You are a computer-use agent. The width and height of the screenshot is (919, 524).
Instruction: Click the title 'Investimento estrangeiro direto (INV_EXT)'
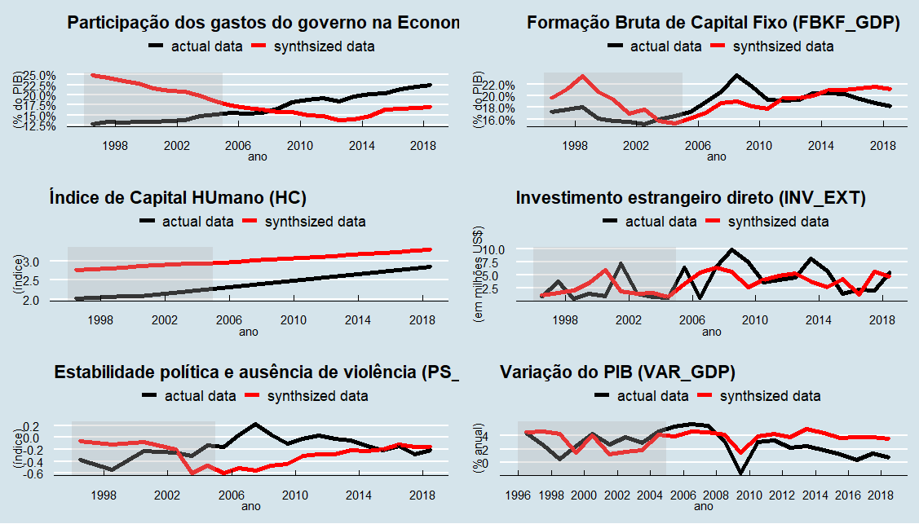[691, 197]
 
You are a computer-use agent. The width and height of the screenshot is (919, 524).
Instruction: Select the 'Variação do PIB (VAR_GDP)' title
[617, 372]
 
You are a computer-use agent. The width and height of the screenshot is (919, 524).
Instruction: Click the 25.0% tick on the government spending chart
[39, 76]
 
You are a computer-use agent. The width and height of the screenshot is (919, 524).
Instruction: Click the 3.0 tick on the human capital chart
[41, 262]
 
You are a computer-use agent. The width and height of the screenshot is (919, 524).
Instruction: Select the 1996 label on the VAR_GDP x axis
[517, 495]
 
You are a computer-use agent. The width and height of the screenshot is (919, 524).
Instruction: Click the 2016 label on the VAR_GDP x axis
[848, 495]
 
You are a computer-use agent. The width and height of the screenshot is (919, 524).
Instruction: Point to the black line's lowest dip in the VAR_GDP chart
[741, 473]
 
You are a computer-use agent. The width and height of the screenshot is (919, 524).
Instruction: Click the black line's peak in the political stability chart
[255, 424]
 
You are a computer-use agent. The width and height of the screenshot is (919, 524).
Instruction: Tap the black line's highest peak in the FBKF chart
[736, 75]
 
